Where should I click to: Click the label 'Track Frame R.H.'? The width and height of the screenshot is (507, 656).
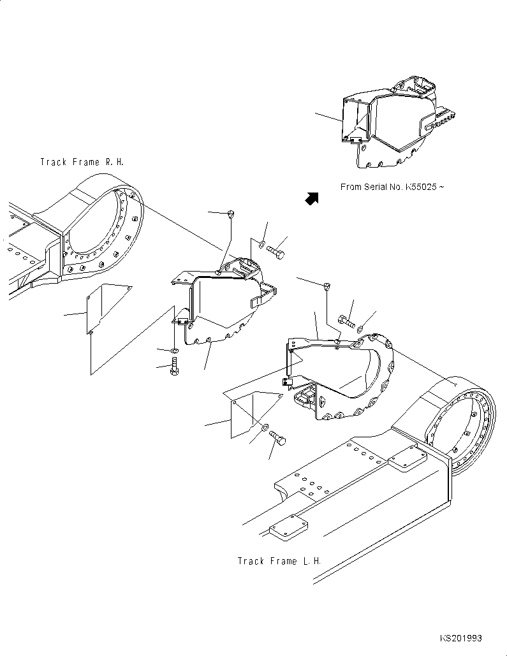[82, 162]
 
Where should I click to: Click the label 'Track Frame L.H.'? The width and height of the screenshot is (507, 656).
[279, 561]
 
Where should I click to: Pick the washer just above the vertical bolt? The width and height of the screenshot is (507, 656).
[175, 351]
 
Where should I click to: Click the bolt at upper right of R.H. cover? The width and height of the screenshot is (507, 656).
[277, 251]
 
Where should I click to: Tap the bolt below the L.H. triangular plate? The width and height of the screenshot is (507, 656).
[278, 439]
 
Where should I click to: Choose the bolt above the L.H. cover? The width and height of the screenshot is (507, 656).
[345, 321]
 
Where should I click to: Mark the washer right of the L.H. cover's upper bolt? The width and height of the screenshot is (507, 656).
[361, 328]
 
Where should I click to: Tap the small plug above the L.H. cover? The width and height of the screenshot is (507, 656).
[327, 286]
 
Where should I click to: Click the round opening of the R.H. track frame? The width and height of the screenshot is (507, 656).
[102, 233]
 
